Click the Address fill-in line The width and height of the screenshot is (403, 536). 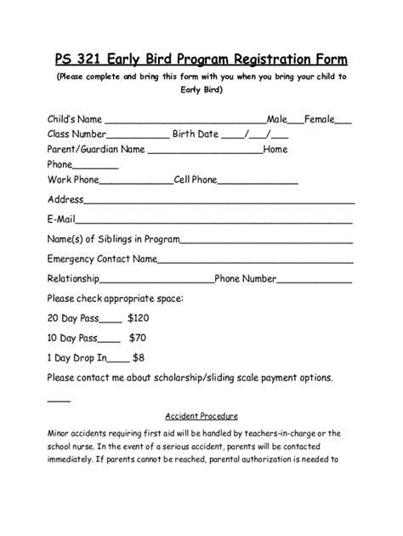pos(219,203)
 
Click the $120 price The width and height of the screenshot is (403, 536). pos(138,318)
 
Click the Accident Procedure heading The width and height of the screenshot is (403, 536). pos(201,416)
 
